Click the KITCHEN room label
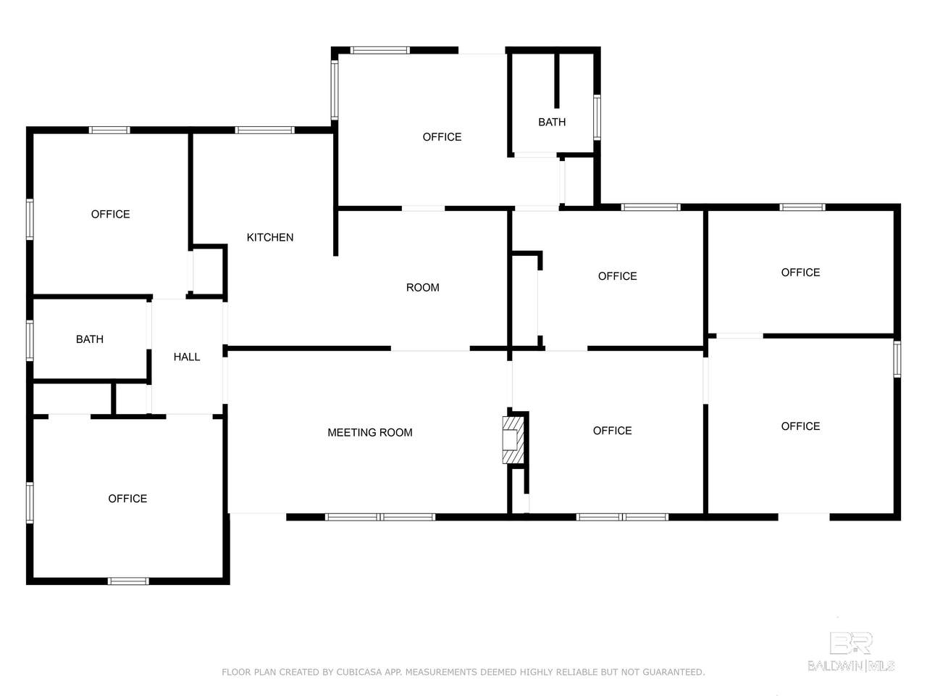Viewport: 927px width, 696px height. point(270,238)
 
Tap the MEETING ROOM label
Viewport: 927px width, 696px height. point(370,432)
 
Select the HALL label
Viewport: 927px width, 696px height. point(187,357)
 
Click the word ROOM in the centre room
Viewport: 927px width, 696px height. point(423,287)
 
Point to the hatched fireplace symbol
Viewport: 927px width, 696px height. point(513,440)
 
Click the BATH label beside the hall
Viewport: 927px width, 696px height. point(90,339)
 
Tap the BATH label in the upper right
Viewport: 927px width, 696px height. point(552,122)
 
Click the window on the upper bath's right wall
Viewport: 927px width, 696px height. point(597,117)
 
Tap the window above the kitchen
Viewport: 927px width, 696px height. point(264,130)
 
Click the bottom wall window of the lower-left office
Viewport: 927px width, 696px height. point(128,581)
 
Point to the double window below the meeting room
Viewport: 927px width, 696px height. point(380,517)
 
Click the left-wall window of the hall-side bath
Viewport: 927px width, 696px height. point(30,341)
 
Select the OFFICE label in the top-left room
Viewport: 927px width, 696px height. point(111,215)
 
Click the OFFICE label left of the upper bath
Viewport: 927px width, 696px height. point(442,137)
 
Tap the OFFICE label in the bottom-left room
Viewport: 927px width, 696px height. point(127,499)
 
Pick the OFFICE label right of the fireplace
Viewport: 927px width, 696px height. point(613,431)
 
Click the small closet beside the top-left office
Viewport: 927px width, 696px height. point(208,270)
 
